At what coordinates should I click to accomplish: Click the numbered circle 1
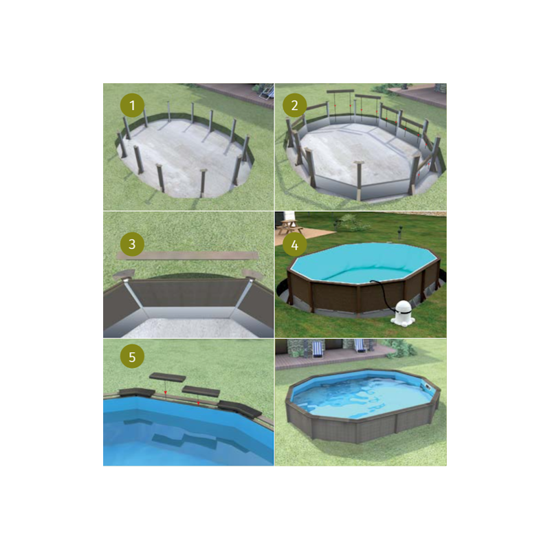[x=132, y=105]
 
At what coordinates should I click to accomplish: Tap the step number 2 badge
[x=295, y=105]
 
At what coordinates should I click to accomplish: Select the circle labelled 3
[x=132, y=244]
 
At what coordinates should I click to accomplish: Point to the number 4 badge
[x=295, y=245]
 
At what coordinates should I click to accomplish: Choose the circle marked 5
[x=132, y=357]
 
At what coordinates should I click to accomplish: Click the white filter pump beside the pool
[x=403, y=312]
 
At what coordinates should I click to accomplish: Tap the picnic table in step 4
[x=288, y=227]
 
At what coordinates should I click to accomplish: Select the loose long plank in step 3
[x=188, y=255]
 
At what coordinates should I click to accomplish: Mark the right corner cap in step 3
[x=252, y=274]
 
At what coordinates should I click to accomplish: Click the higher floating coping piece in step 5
[x=168, y=377]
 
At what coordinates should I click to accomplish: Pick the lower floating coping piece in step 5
[x=201, y=391]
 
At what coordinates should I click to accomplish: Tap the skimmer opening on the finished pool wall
[x=426, y=387]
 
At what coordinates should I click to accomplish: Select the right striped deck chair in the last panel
[x=360, y=346]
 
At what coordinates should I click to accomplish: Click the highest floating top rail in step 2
[x=340, y=91]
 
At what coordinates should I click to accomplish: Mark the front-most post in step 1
[x=203, y=183]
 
